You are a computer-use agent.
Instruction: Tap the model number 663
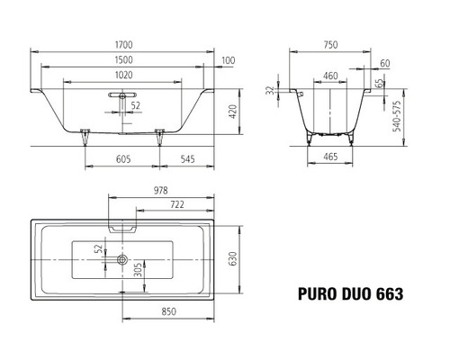(x=386, y=292)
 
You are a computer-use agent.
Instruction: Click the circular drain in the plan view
(x=120, y=259)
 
